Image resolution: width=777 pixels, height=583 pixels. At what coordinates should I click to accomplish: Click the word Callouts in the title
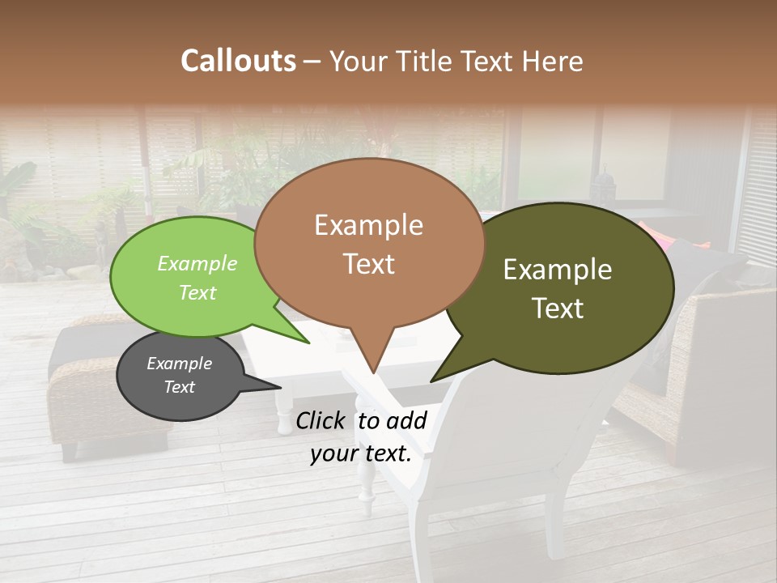[238, 61]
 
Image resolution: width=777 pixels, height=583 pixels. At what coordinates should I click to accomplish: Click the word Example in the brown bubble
[368, 225]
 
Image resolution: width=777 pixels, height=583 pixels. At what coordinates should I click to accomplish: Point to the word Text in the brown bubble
[368, 264]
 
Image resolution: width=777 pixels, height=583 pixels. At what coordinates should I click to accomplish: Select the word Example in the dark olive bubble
[558, 270]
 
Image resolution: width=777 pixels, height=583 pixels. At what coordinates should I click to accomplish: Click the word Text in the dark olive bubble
[558, 309]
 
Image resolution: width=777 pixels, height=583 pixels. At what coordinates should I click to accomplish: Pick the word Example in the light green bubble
[197, 264]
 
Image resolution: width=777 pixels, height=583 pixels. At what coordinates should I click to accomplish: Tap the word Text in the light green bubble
[197, 292]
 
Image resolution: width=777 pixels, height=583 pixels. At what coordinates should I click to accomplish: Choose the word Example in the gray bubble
[179, 364]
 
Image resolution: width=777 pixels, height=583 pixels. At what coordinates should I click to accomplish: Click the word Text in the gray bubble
[179, 387]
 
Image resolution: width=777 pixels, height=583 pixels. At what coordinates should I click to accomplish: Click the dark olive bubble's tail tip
[431, 381]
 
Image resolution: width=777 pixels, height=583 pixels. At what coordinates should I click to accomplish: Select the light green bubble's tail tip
[308, 343]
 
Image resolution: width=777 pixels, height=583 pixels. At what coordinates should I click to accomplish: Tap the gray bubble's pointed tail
[279, 389]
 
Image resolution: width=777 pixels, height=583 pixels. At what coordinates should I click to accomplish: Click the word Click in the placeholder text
[323, 421]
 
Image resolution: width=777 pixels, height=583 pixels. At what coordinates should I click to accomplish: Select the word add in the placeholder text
[407, 421]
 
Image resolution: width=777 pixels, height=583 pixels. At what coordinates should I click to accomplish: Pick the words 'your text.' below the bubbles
[361, 454]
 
